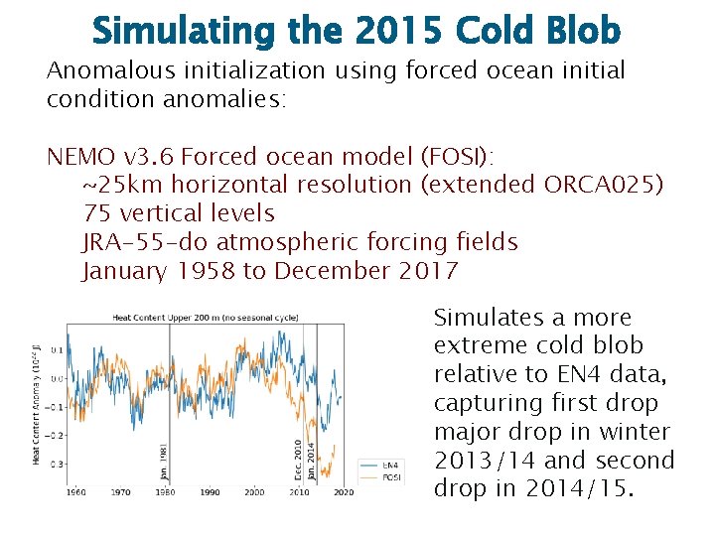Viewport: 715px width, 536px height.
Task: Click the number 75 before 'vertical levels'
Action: point(96,213)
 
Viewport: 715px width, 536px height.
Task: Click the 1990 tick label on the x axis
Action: point(209,492)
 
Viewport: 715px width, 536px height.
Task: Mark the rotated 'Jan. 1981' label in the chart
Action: point(165,462)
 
